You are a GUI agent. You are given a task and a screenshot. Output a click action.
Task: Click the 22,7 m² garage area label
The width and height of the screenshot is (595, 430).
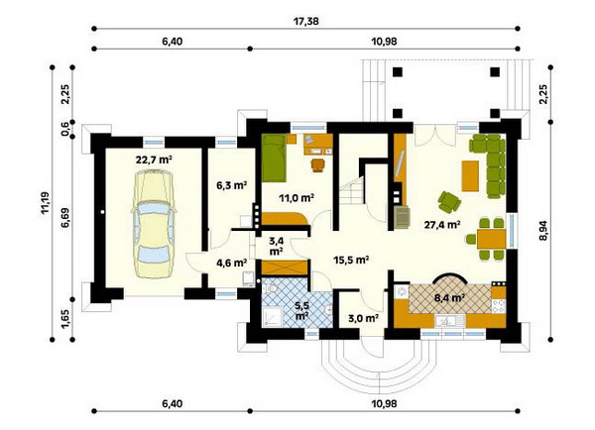pyautogui.click(x=154, y=161)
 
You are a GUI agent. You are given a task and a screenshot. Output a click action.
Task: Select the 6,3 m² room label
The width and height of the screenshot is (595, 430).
pyautogui.click(x=232, y=185)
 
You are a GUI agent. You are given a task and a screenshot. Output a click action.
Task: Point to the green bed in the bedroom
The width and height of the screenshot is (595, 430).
pyautogui.click(x=274, y=158)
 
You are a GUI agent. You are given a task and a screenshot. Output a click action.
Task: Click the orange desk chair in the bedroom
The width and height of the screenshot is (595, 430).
pyautogui.click(x=318, y=164)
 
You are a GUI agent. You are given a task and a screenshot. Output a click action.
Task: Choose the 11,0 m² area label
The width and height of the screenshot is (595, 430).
pyautogui.click(x=297, y=197)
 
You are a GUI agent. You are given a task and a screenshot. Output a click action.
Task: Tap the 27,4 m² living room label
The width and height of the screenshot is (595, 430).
pyautogui.click(x=442, y=225)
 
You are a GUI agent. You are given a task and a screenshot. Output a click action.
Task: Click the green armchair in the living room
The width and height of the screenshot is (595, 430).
pyautogui.click(x=449, y=201)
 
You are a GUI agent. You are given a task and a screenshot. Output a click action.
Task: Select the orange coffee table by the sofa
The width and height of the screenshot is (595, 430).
pyautogui.click(x=470, y=176)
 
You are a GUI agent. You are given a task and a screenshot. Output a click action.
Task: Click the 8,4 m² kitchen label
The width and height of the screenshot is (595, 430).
pyautogui.click(x=449, y=297)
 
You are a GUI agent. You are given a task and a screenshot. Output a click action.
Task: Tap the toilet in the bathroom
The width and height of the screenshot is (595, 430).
pyautogui.click(x=271, y=289)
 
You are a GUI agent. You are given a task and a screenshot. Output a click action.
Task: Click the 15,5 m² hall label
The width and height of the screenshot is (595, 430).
pyautogui.click(x=352, y=260)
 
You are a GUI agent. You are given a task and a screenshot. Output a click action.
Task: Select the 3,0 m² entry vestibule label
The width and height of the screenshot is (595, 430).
pyautogui.click(x=363, y=318)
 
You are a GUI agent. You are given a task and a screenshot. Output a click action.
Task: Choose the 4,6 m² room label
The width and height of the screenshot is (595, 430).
pyautogui.click(x=232, y=263)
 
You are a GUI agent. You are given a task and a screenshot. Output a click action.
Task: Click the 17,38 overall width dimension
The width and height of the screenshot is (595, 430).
pyautogui.click(x=305, y=21)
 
